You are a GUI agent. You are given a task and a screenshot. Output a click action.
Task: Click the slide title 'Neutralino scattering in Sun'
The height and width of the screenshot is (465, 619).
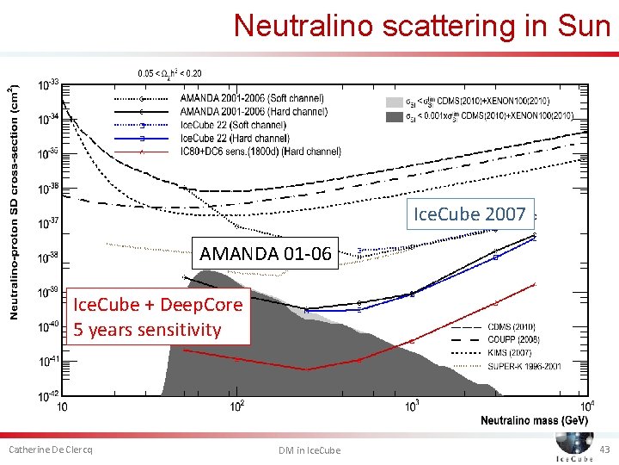coord(421,25)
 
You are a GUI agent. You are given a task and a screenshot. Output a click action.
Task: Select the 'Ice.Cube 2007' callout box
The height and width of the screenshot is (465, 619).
coord(469,214)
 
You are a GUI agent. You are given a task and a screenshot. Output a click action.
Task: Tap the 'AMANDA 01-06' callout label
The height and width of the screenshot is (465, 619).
coord(265,253)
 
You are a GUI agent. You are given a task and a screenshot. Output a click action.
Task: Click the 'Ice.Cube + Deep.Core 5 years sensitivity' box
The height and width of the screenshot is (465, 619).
coord(158,317)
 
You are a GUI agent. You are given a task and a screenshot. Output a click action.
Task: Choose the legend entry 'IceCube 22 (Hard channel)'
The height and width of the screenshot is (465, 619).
coord(234,138)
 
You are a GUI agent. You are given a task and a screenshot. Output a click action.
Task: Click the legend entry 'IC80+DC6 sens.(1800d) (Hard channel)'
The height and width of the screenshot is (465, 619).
coord(260,152)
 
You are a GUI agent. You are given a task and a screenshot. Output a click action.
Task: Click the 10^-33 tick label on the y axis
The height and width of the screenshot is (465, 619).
coord(48,84)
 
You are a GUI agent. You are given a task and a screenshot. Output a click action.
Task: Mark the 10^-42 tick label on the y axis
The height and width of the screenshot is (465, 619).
coord(48,396)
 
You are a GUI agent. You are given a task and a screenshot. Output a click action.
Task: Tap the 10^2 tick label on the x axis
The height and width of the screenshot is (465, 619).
coord(238,406)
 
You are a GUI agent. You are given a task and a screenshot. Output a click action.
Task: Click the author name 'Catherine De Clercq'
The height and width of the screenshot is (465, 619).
coord(50,450)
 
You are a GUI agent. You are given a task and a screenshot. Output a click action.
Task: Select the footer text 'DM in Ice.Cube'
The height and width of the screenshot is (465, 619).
coord(309,450)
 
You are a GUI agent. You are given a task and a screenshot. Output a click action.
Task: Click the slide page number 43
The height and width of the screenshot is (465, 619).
coord(604,449)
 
